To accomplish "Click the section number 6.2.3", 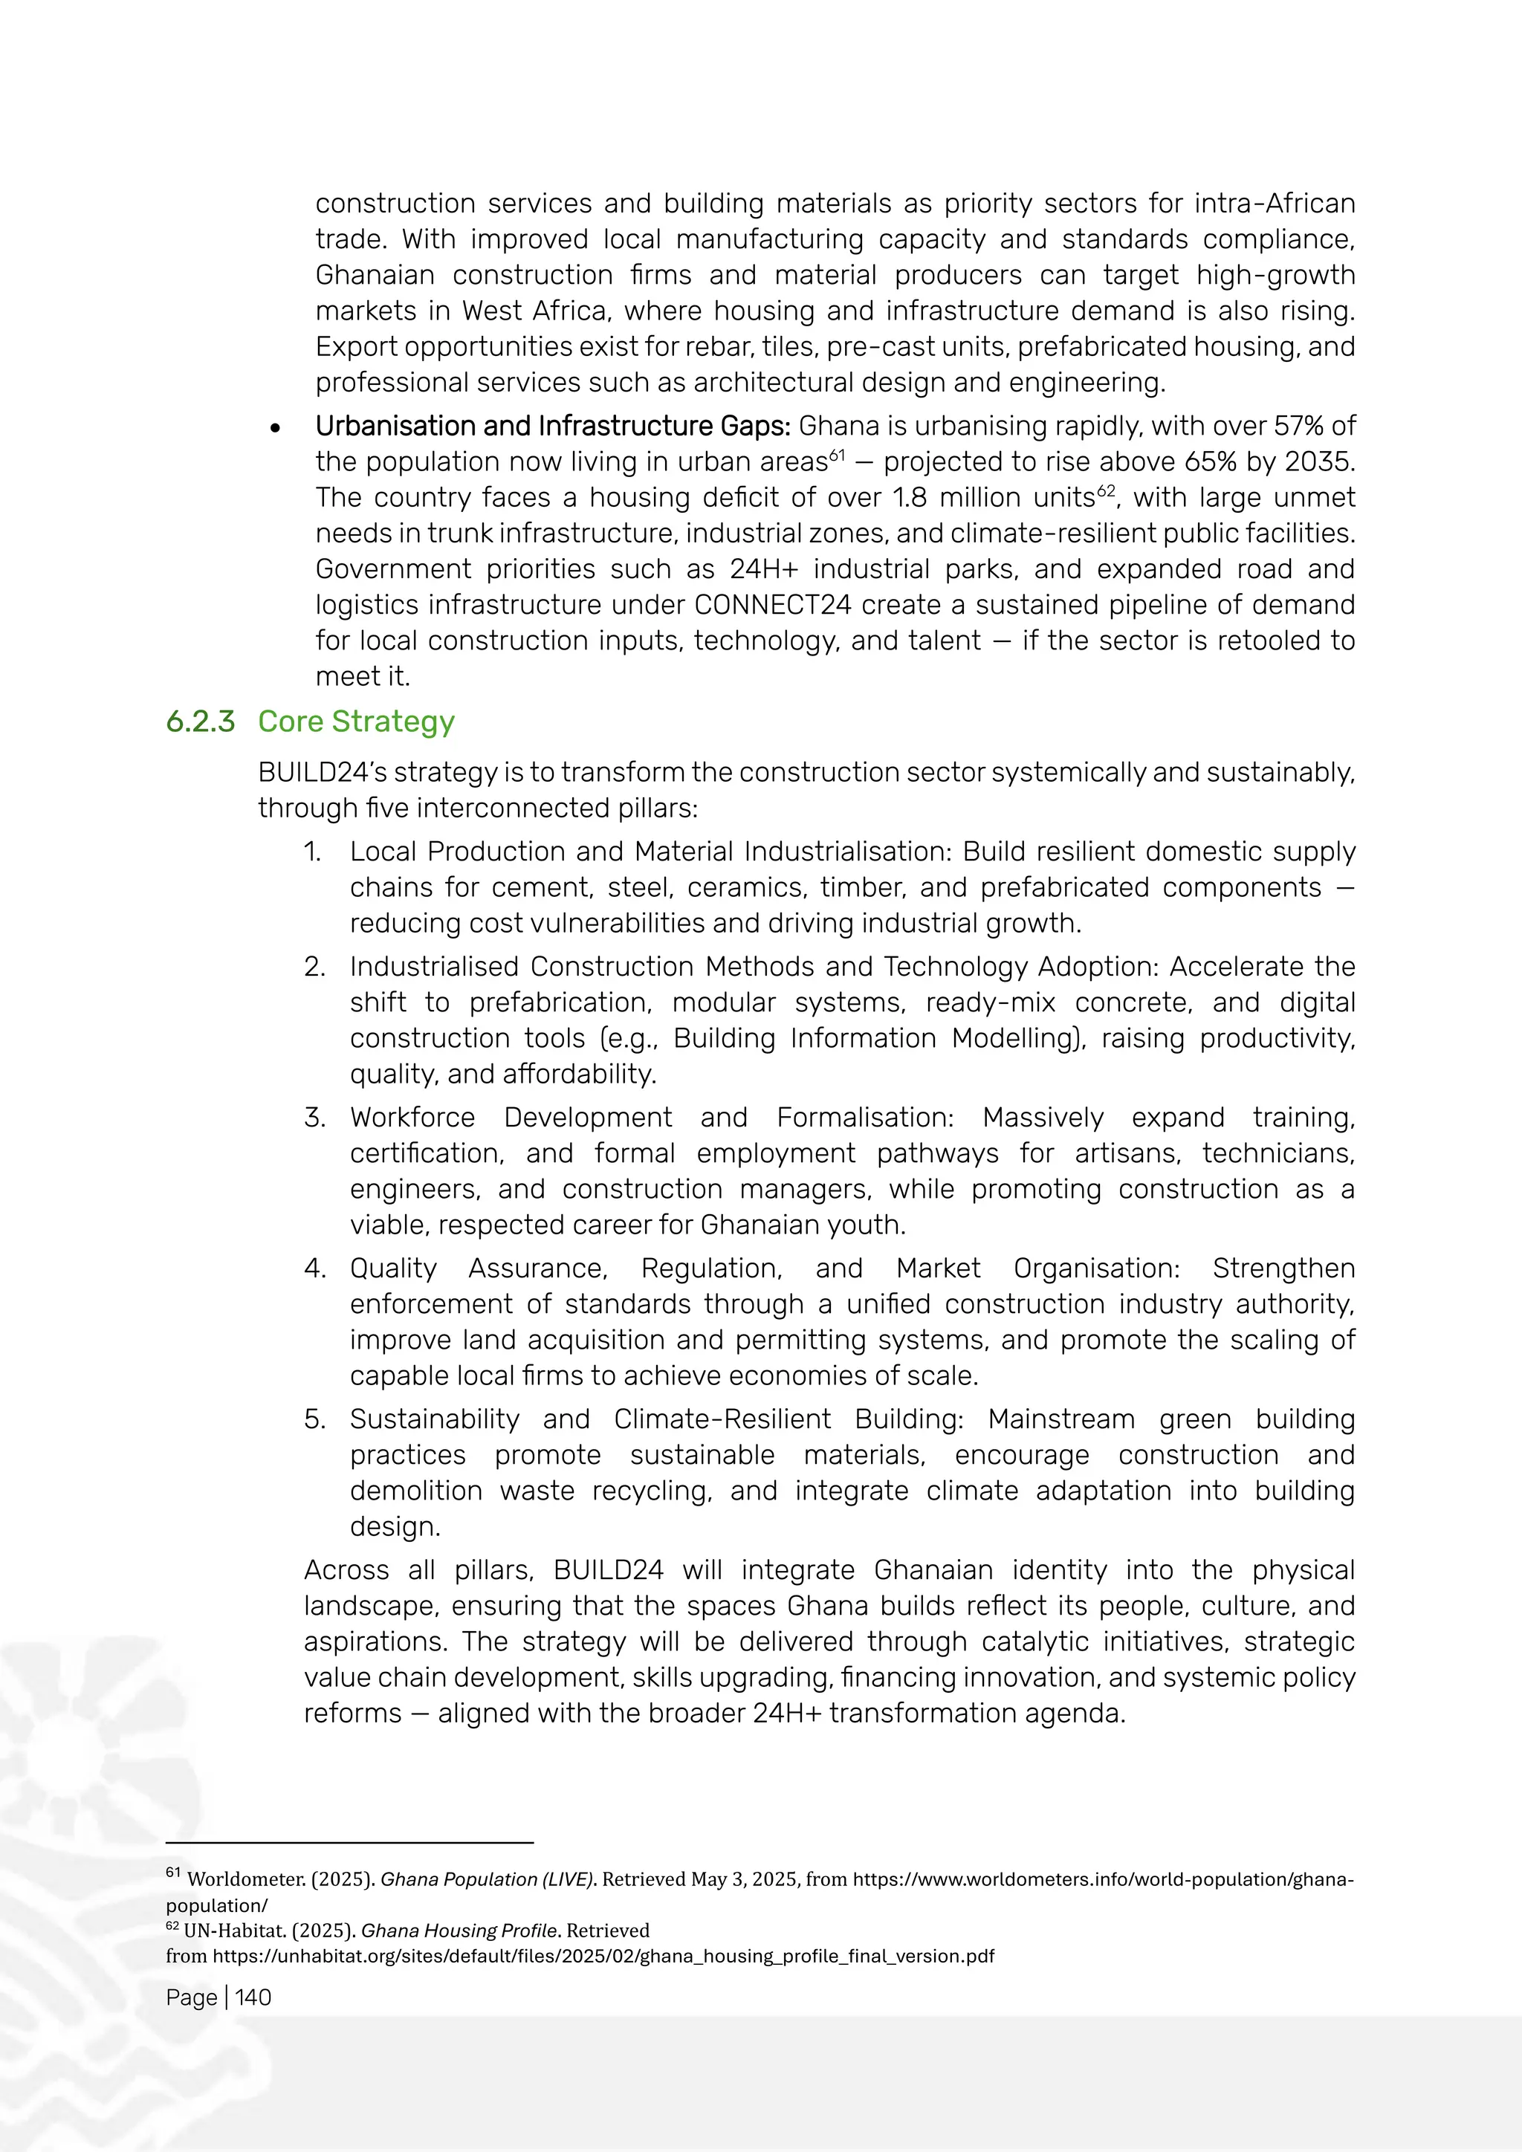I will [x=200, y=722].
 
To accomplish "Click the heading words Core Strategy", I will [x=356, y=722].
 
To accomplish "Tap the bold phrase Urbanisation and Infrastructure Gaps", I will [x=552, y=427].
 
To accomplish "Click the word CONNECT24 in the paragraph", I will [x=772, y=605].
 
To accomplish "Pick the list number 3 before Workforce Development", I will [x=314, y=1117].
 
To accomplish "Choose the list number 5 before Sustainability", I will [x=314, y=1419].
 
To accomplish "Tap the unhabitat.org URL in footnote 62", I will [x=603, y=1956].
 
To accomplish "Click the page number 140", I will [x=253, y=1997].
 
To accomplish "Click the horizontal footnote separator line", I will [x=349, y=1843].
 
